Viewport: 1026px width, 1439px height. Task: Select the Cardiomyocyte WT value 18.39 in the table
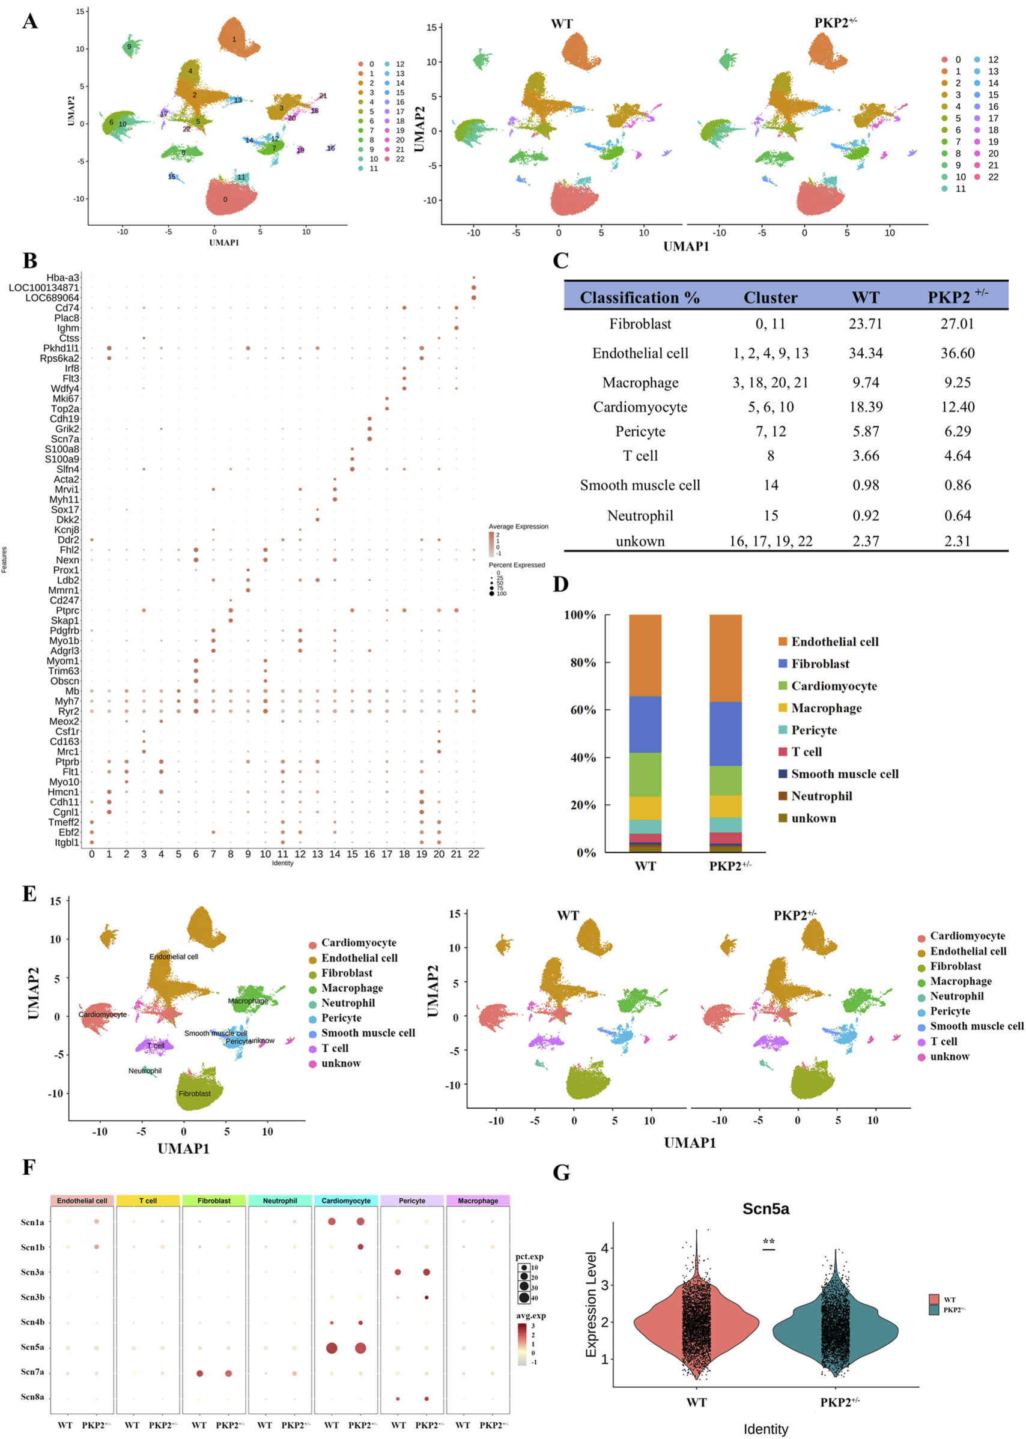865,407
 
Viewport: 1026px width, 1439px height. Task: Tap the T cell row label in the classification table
640,455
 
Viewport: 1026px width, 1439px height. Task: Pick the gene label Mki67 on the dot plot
65,399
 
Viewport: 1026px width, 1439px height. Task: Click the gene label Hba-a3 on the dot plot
62,277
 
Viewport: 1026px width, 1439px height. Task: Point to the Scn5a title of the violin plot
765,1208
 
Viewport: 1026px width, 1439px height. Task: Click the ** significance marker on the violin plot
768,1242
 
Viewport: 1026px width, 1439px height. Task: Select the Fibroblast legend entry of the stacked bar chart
819,663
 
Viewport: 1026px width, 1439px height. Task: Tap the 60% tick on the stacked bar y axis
583,709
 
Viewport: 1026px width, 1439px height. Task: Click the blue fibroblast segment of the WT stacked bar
645,724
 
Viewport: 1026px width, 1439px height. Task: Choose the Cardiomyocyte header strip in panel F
345,1200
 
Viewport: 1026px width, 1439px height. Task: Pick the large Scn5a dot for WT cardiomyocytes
331,1347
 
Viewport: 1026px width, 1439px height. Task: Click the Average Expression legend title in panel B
518,526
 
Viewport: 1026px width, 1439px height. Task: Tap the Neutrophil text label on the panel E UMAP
145,1070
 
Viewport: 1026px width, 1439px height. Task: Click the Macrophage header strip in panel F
478,1200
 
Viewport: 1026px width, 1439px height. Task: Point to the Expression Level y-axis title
590,1304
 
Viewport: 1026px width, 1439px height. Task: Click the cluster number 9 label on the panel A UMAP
129,47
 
